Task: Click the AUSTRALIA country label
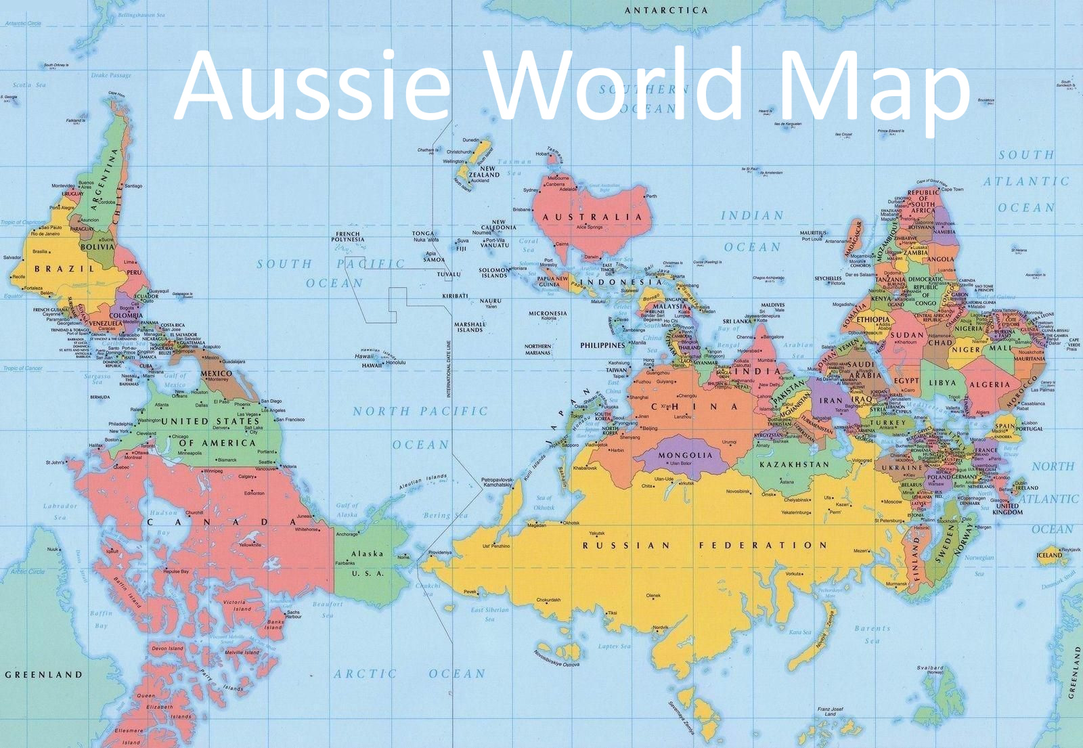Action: tap(592, 217)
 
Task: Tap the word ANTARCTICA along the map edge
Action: tap(666, 10)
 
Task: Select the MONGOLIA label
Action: tap(685, 455)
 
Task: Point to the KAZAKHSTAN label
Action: tap(793, 465)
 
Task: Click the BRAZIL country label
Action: tap(65, 269)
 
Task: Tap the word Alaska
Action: tap(367, 553)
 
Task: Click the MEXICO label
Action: tap(217, 373)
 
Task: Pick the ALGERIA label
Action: tap(989, 384)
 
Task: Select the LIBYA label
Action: tap(942, 382)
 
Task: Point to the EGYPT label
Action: tap(906, 380)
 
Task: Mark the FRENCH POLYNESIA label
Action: tap(349, 236)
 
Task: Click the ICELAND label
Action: tap(1050, 555)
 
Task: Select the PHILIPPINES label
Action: tap(602, 345)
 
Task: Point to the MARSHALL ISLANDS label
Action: tap(470, 327)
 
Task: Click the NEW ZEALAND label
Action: tap(484, 171)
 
